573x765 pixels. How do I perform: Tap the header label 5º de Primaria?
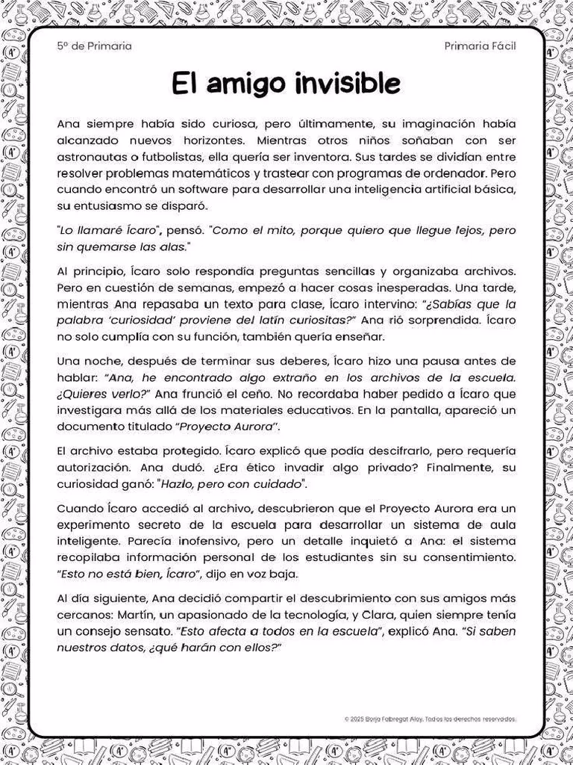coord(94,46)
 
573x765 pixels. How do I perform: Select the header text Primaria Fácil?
coord(480,46)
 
